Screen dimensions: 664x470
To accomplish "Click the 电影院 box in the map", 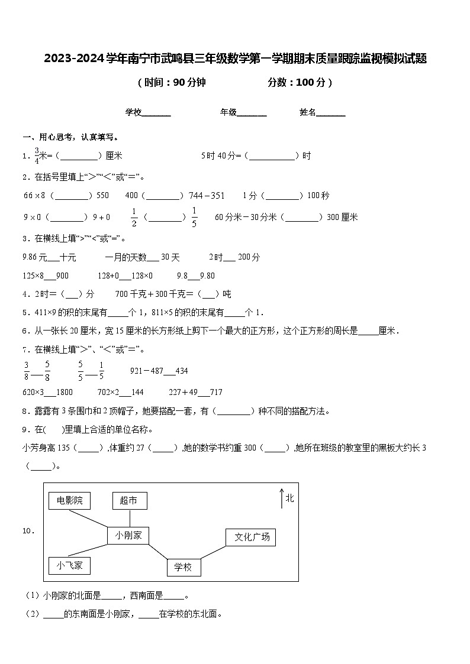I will coord(70,501).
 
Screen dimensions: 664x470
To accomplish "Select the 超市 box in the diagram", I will coord(129,501).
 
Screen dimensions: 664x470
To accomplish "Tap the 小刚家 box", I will coord(128,535).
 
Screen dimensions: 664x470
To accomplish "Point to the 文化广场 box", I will coord(251,537).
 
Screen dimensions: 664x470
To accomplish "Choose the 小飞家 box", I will coord(69,566).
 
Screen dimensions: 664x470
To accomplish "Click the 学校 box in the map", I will coord(184,568).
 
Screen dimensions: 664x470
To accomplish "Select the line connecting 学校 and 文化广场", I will coord(213,552).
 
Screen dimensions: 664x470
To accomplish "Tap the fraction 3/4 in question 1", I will coord(37,156).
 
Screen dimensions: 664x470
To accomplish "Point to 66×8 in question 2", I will coord(34,195).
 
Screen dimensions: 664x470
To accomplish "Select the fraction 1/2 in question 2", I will coord(134,217).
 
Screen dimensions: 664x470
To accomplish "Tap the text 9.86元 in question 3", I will coord(34,257).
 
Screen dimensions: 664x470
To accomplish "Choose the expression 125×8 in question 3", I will coord(34,276).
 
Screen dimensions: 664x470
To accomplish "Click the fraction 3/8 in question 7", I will coord(27,371).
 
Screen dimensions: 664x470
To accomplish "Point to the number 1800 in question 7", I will coord(65,392).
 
